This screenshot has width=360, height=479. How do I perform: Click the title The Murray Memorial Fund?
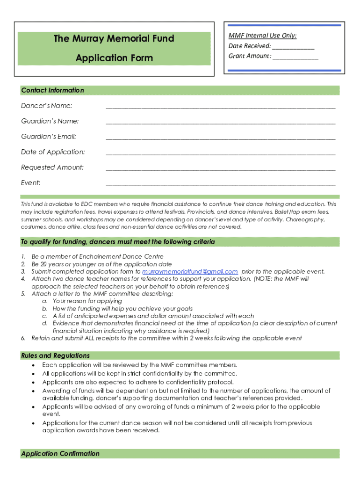pyautogui.click(x=114, y=38)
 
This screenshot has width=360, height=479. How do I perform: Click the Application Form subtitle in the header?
pyautogui.click(x=114, y=58)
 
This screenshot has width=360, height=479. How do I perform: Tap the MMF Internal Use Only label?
pyautogui.click(x=262, y=36)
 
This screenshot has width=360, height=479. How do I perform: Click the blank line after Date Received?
pyautogui.click(x=293, y=46)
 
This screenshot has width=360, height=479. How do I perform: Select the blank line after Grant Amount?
pyautogui.click(x=295, y=57)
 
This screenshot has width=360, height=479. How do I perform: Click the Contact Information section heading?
pyautogui.click(x=52, y=90)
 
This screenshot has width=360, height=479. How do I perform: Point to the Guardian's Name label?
pyautogui.click(x=50, y=121)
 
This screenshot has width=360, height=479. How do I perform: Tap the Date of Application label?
pyautogui.click(x=53, y=152)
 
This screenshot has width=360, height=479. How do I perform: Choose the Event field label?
pyautogui.click(x=30, y=182)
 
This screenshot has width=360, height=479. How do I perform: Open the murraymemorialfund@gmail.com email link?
pyautogui.click(x=190, y=271)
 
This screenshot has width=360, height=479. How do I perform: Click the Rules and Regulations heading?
pyautogui.click(x=55, y=356)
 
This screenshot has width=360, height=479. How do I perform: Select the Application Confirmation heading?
pyautogui.click(x=60, y=454)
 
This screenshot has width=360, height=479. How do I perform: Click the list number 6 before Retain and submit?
pyautogui.click(x=23, y=338)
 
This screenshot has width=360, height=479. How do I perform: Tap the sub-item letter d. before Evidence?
pyautogui.click(x=45, y=323)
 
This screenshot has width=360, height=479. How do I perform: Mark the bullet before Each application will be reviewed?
pyautogui.click(x=33, y=365)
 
